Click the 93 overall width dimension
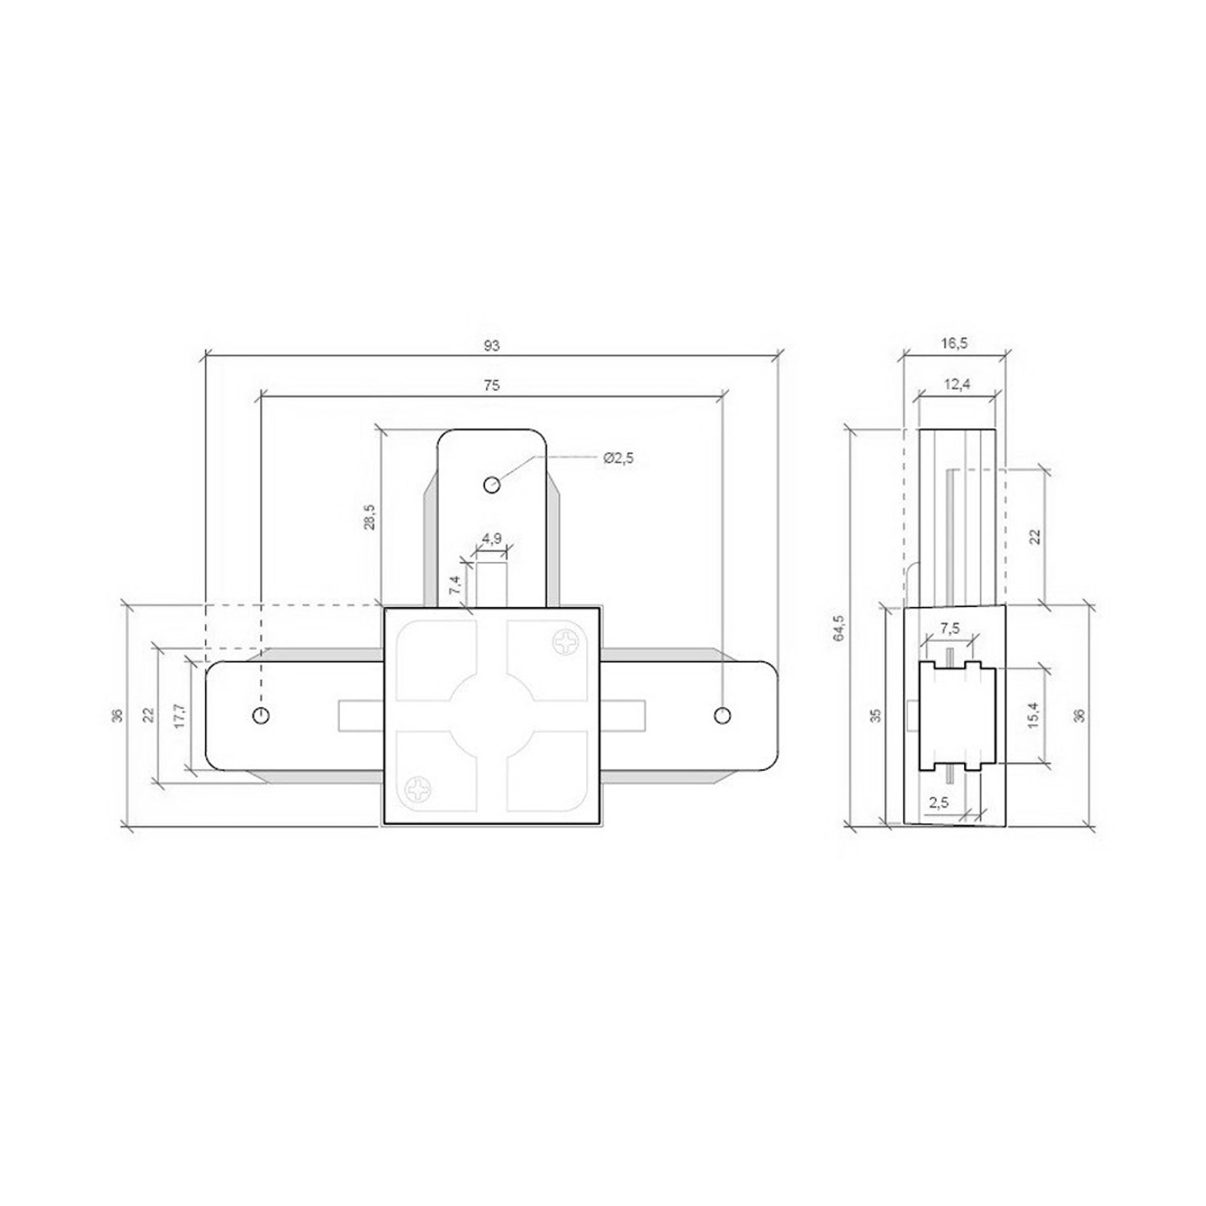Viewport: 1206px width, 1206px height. point(492,346)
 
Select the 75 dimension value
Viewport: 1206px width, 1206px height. point(492,386)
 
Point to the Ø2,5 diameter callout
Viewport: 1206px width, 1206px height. point(618,457)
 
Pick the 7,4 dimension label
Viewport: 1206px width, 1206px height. point(456,585)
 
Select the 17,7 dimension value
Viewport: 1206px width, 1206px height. point(179,716)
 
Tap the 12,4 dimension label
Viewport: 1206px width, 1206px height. point(957,384)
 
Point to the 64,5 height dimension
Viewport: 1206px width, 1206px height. point(839,627)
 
